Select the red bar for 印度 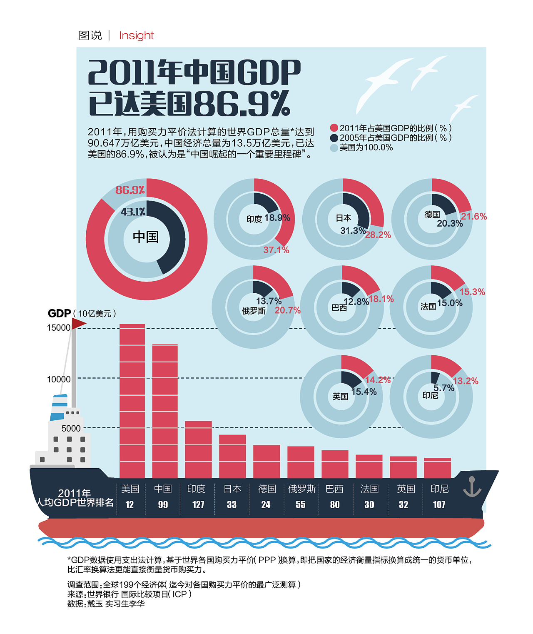point(198,449)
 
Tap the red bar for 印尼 point(437,468)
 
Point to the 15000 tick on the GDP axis point(59,328)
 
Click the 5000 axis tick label point(71,428)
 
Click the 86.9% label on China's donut point(130,190)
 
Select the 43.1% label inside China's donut point(133,212)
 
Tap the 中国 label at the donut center point(146,237)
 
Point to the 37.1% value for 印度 point(276,250)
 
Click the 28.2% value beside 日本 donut point(378,235)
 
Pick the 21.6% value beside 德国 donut point(473,217)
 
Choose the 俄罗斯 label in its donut point(254,311)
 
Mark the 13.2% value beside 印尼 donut point(466,381)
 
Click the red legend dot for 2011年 point(334,128)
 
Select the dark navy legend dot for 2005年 point(334,138)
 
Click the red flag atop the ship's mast point(79,323)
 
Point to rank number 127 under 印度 point(198,505)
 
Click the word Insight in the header point(136,35)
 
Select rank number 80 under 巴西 point(335,505)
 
